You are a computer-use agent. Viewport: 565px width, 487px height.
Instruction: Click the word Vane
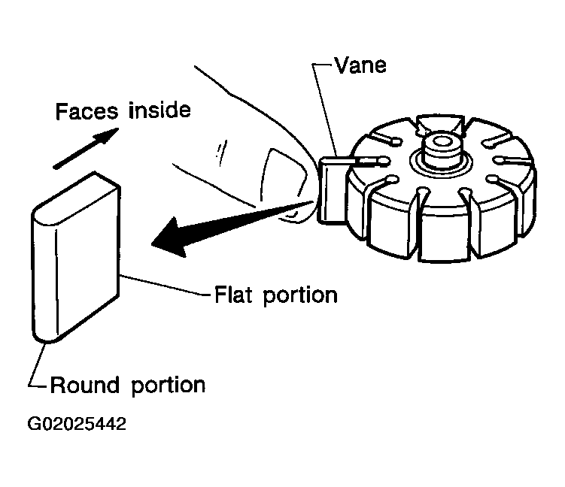pos(360,65)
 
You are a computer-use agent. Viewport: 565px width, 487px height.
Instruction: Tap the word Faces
pos(87,111)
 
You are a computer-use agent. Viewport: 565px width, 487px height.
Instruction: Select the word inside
pos(159,110)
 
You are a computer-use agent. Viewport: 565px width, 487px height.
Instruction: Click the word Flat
pos(232,295)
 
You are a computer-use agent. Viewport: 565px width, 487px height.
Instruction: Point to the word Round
pos(85,385)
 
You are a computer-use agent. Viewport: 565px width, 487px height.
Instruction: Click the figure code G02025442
pos(77,424)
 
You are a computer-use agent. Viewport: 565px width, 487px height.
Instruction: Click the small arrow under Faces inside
pos(86,148)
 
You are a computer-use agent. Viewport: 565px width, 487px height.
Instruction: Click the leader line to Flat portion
pos(165,286)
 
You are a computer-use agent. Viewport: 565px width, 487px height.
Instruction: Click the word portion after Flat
pos(300,297)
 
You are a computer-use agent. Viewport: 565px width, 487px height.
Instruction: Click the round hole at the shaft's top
pos(442,141)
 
